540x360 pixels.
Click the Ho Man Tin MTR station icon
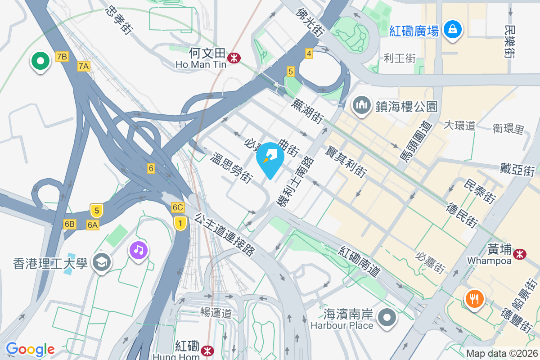234,58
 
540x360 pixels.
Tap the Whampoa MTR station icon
520,254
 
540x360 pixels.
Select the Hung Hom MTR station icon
207,350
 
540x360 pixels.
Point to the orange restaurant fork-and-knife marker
475,298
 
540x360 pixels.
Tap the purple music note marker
139,249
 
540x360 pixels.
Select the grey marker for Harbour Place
387,318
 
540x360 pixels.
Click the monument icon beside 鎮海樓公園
361,106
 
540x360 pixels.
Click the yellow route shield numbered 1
180,222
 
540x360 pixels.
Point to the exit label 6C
178,207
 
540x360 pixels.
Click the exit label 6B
69,224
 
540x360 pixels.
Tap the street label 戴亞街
517,170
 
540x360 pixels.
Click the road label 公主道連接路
224,234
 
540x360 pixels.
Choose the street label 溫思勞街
231,168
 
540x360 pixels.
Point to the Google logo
30,349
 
